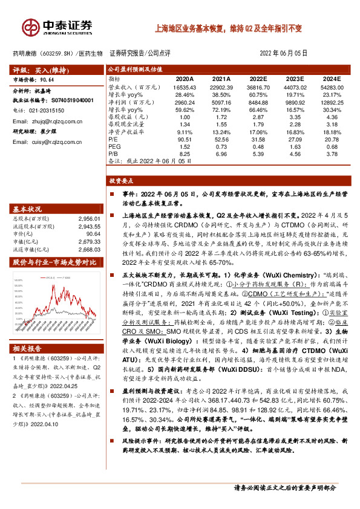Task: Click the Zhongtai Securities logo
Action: (57, 27)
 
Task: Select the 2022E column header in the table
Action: (258, 79)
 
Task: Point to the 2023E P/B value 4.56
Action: (295, 154)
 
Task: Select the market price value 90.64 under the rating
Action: (48, 79)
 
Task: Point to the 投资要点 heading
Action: (120, 181)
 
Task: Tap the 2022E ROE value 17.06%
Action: (258, 132)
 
